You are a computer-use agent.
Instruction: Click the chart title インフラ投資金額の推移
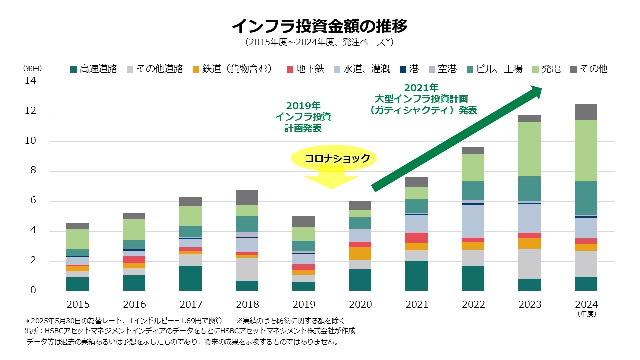[320, 25]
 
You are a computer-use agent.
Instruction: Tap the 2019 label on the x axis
[303, 304]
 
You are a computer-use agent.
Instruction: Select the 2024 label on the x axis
[586, 304]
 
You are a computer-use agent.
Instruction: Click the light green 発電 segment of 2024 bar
[586, 150]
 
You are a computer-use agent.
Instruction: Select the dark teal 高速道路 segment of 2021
[416, 276]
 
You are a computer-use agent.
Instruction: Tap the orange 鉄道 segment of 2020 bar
[360, 253]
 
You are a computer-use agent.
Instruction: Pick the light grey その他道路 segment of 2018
[247, 269]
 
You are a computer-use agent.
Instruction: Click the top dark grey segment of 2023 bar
[529, 118]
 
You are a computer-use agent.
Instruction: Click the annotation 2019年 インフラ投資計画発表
[303, 117]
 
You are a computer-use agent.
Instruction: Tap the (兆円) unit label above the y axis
[33, 68]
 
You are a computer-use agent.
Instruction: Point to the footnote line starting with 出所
[190, 331]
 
